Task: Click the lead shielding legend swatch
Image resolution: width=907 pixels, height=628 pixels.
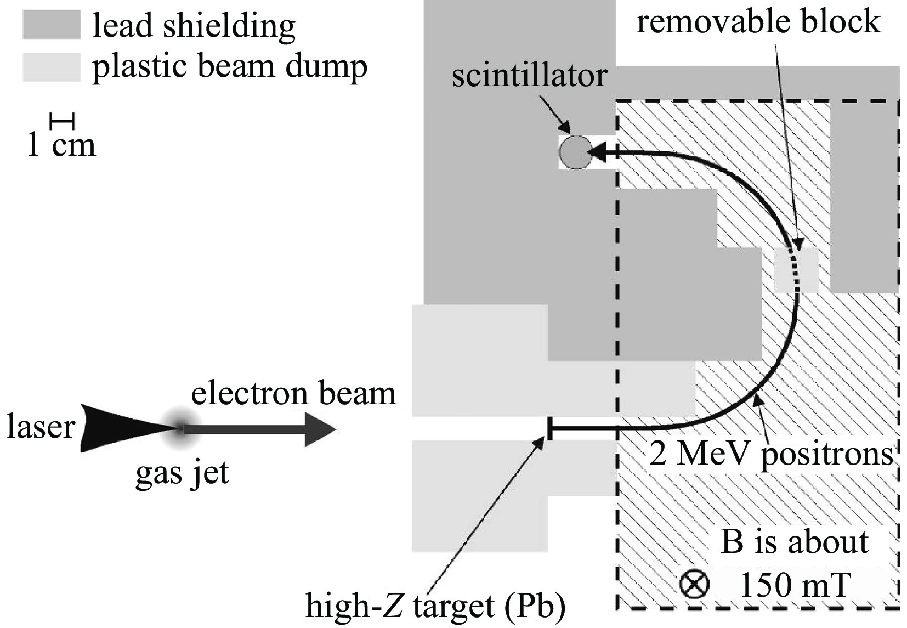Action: [51, 25]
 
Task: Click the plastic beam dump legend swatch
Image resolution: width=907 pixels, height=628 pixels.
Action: [51, 67]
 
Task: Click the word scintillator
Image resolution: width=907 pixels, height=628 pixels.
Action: [529, 76]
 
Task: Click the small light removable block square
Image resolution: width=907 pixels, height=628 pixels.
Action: [796, 270]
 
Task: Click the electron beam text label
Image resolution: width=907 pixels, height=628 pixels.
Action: [293, 394]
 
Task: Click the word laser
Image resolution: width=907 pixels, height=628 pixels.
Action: [40, 428]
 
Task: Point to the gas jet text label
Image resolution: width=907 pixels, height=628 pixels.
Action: [182, 473]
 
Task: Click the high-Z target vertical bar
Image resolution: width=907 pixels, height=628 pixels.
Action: [549, 428]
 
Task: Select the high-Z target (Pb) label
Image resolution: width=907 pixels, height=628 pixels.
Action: [435, 606]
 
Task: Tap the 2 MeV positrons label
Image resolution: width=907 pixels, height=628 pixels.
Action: [770, 454]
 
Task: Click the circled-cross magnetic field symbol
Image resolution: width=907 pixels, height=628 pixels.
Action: [694, 584]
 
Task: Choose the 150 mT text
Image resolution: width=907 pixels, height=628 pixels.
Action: [795, 585]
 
